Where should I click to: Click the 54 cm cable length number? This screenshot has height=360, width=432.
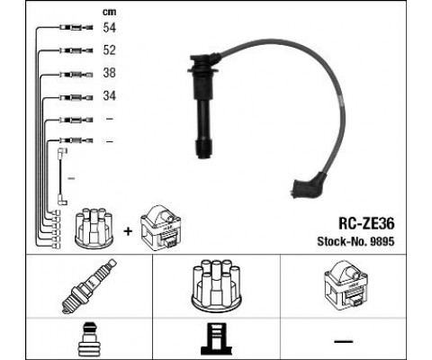coord(109,28)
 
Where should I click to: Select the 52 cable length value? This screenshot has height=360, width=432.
coord(109,50)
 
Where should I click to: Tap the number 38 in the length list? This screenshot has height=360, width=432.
coord(109,73)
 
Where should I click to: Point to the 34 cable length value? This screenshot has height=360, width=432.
coord(109,96)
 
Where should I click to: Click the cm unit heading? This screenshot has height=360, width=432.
coord(109,12)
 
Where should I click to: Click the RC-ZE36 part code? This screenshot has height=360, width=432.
coord(366,223)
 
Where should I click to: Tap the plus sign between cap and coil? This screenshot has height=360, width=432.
coord(128,231)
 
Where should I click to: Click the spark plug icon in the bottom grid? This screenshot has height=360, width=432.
coord(89,286)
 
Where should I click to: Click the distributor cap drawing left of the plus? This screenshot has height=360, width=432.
coord(94,229)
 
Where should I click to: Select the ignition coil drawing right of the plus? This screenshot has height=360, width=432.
coord(161,228)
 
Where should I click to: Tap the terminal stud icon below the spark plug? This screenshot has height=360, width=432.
coord(89,339)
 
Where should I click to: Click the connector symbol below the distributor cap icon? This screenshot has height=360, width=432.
coord(216,339)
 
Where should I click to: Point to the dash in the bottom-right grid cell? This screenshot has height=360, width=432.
coord(344,341)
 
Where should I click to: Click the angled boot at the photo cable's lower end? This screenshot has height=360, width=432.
coord(309,186)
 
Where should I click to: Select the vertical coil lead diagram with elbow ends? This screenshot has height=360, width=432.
coord(62,176)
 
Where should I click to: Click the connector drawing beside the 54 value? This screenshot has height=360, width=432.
coord(76,28)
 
